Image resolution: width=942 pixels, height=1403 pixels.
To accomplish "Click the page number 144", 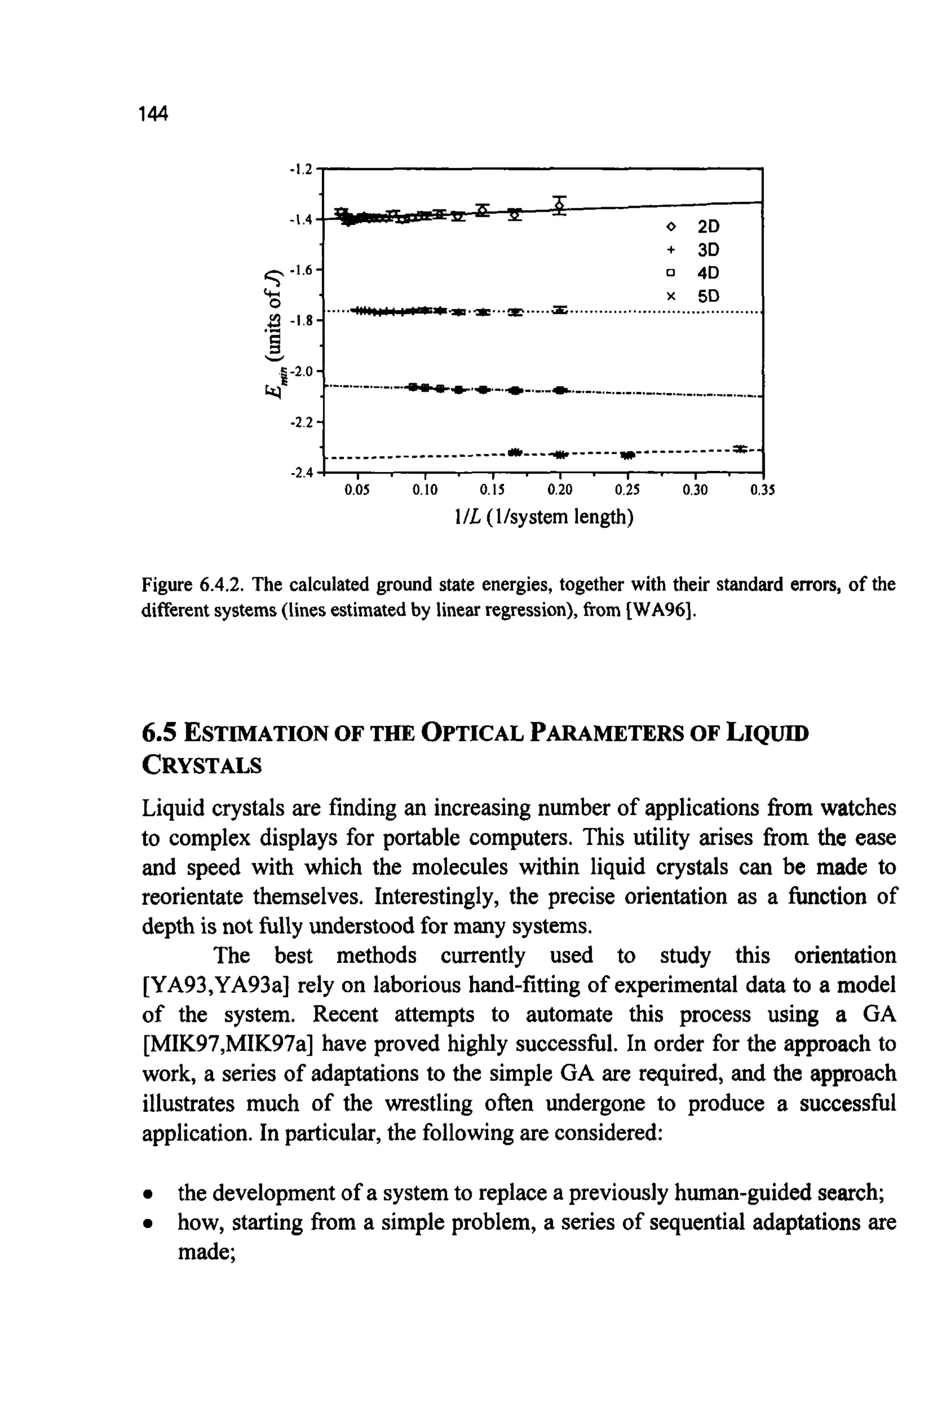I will [x=153, y=114].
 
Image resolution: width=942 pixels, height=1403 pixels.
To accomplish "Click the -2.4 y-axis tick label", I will [x=300, y=474].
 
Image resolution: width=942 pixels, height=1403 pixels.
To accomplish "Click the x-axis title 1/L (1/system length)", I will [x=544, y=516].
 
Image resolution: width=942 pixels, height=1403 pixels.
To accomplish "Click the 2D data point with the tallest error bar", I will [x=560, y=206].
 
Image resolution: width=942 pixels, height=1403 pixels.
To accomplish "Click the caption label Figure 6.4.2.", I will [x=192, y=584].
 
